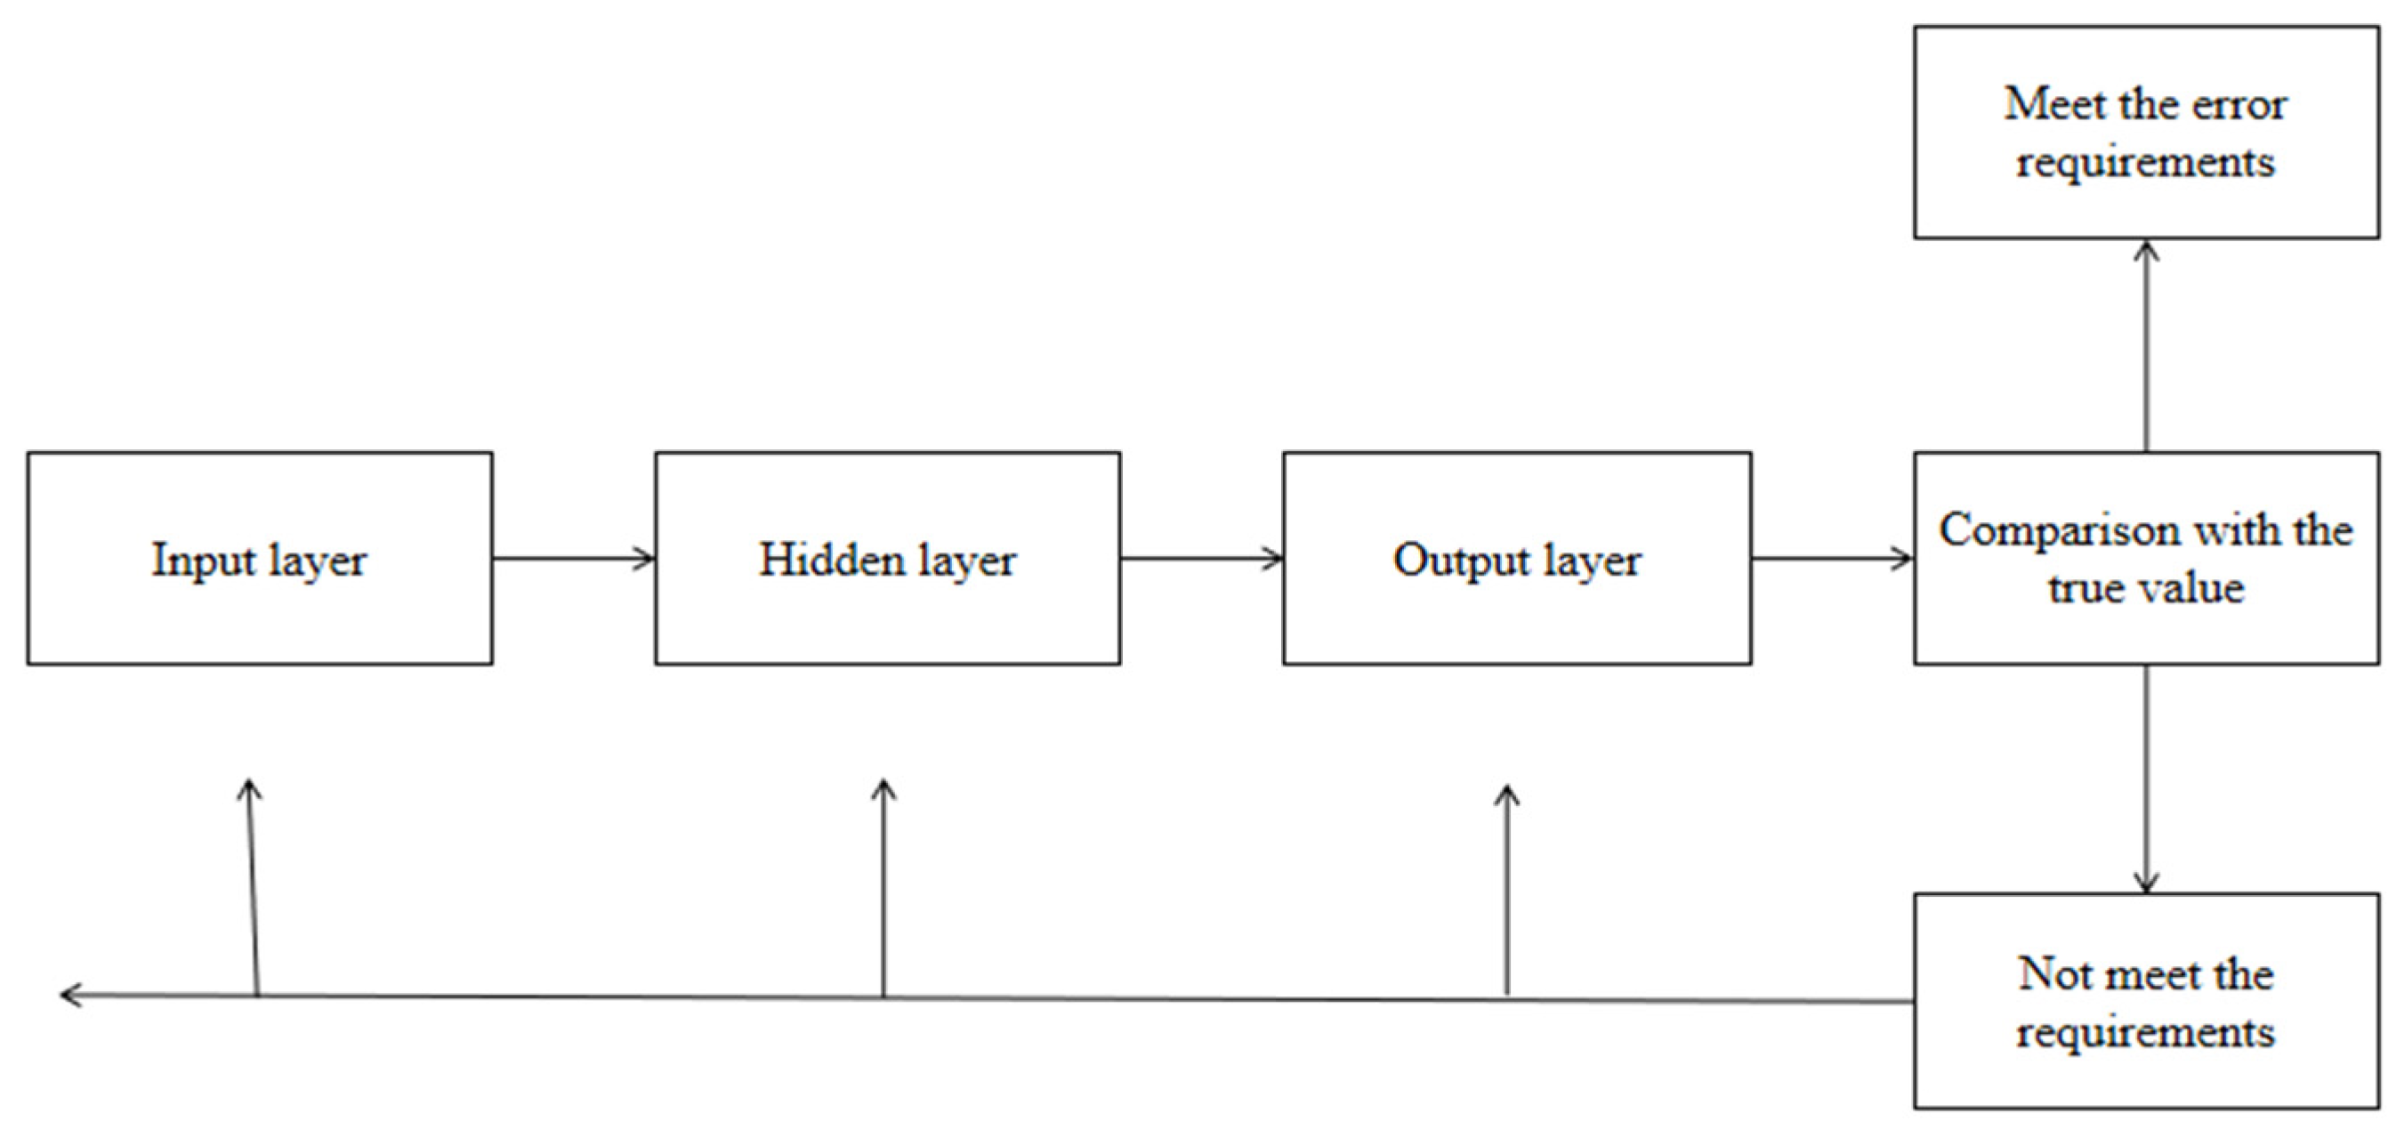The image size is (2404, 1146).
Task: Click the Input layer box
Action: (260, 558)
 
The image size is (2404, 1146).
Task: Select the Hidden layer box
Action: (888, 558)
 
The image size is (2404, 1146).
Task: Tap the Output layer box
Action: (1516, 558)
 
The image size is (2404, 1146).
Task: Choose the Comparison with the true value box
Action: (2145, 558)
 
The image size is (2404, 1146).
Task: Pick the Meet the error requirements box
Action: (2145, 133)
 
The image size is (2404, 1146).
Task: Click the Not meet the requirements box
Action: (2145, 1000)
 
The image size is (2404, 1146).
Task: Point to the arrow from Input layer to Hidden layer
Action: (573, 559)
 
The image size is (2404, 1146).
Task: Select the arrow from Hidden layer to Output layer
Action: (1201, 559)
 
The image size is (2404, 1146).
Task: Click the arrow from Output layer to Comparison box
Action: (1832, 559)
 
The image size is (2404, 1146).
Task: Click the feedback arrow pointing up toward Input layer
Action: (252, 886)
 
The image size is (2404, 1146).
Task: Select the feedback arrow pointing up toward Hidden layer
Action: (883, 886)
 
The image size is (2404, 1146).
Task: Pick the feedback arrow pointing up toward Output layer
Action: (1506, 892)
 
